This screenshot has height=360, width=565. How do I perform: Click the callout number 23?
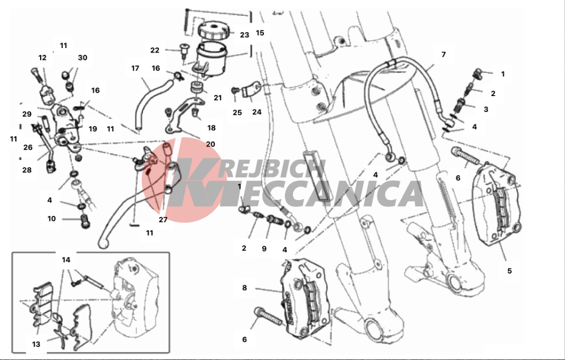(x=244, y=35)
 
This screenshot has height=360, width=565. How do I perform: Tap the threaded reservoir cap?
(x=213, y=31)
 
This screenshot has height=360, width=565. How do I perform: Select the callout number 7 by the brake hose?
(x=444, y=54)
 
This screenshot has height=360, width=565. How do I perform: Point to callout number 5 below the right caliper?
(x=510, y=271)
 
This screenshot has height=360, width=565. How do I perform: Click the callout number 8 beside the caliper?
(x=245, y=288)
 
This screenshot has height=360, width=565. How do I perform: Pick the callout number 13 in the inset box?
(x=36, y=344)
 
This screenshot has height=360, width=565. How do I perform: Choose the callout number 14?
(x=66, y=260)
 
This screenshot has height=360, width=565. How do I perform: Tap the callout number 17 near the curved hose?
(x=135, y=68)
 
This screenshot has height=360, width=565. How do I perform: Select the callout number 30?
(x=82, y=57)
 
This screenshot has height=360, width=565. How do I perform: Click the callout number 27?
(x=163, y=219)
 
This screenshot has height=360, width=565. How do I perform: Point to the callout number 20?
(x=210, y=144)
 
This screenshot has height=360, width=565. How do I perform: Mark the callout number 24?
(x=257, y=112)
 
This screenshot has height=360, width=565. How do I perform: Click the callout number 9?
(x=264, y=249)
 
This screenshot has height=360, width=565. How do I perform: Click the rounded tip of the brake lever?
(x=103, y=244)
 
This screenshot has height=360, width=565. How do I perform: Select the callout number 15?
(x=260, y=33)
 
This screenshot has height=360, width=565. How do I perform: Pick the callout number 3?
(x=486, y=109)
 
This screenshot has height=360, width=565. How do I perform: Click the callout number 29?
(x=27, y=114)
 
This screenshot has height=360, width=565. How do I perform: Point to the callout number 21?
(x=218, y=98)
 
